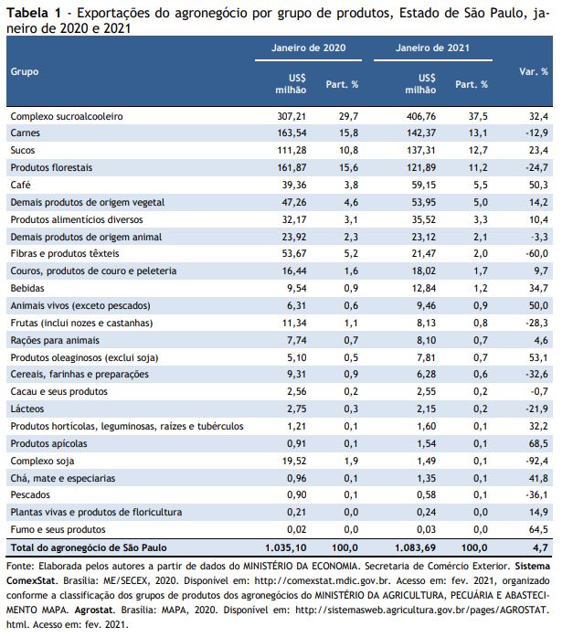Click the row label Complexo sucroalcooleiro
pyautogui.click(x=67, y=116)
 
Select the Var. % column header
pyautogui.click(x=533, y=71)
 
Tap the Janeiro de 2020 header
pyautogui.click(x=309, y=48)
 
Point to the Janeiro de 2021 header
pyautogui.click(x=432, y=48)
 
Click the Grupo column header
pyautogui.click(x=25, y=71)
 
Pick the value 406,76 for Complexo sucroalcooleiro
pyautogui.click(x=421, y=116)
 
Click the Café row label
pyautogui.click(x=20, y=185)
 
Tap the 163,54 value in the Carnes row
pyautogui.click(x=292, y=133)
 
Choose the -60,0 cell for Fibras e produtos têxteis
pyautogui.click(x=536, y=253)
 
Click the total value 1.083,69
pyautogui.click(x=416, y=547)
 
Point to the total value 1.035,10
pyautogui.click(x=286, y=547)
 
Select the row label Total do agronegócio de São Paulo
pyautogui.click(x=89, y=547)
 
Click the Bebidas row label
pyautogui.click(x=27, y=289)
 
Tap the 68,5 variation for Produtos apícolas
pyautogui.click(x=538, y=443)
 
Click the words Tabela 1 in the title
pyautogui.click(x=34, y=13)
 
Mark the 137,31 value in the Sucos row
pyautogui.click(x=421, y=150)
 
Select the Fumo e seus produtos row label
pyautogui.click(x=58, y=530)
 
